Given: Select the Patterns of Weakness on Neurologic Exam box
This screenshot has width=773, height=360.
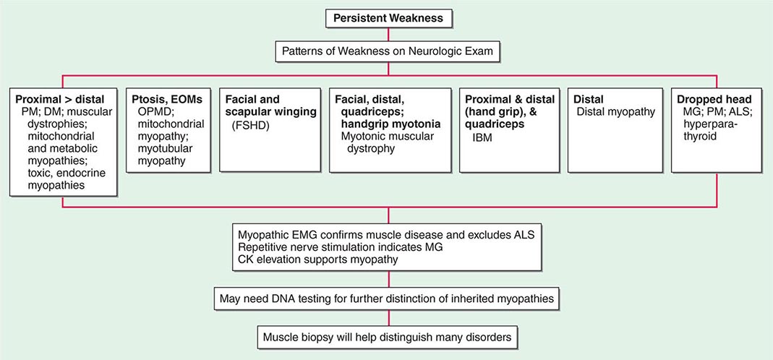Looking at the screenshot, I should coord(388,52).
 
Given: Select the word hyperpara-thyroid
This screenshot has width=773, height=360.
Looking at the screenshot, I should coord(708,129).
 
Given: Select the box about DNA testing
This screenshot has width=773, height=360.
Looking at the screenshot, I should coord(388,296).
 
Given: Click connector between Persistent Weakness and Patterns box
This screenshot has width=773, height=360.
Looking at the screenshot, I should coord(388,35).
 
